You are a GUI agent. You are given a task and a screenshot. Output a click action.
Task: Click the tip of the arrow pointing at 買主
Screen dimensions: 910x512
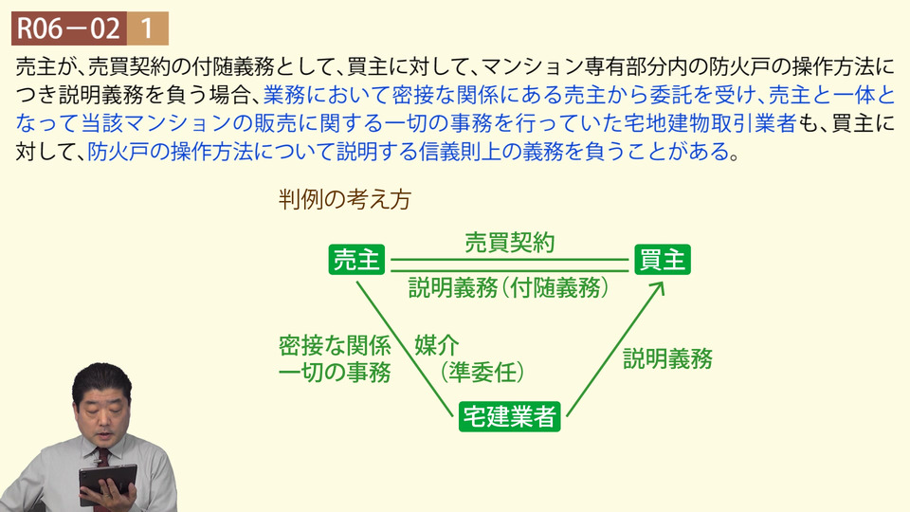point(663,283)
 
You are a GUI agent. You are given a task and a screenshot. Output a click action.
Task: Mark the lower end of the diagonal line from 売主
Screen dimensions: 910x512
point(452,415)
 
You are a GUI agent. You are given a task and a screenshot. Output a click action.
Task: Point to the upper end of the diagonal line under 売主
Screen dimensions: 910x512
point(357,283)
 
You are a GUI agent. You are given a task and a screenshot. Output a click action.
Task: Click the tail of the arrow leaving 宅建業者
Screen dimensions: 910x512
point(567,415)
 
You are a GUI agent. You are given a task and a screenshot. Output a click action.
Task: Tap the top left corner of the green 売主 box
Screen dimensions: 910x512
point(329,245)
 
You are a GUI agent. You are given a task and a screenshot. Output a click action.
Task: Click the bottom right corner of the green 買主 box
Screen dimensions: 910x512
point(691,274)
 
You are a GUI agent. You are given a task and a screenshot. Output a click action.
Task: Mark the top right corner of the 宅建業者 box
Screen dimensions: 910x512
point(560,402)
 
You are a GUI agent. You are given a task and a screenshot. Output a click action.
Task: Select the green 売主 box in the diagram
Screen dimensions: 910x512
point(357,260)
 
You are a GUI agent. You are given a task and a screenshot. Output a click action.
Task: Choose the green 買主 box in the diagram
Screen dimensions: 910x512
point(663,260)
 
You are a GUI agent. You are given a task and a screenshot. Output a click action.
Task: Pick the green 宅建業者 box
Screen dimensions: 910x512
point(510,416)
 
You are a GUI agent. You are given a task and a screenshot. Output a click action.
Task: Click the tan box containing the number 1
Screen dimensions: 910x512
point(148,28)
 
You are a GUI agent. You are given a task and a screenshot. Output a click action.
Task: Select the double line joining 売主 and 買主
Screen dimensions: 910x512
point(510,265)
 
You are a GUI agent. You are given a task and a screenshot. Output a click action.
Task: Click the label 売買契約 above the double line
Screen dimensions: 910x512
point(510,243)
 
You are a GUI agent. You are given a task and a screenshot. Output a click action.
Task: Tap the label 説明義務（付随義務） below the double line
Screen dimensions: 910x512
point(508,287)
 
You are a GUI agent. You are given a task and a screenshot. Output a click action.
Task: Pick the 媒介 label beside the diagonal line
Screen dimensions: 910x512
point(437,345)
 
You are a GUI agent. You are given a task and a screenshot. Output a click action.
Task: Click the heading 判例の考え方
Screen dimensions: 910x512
point(345,200)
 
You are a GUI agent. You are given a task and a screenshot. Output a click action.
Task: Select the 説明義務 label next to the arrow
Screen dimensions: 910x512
point(668,358)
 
